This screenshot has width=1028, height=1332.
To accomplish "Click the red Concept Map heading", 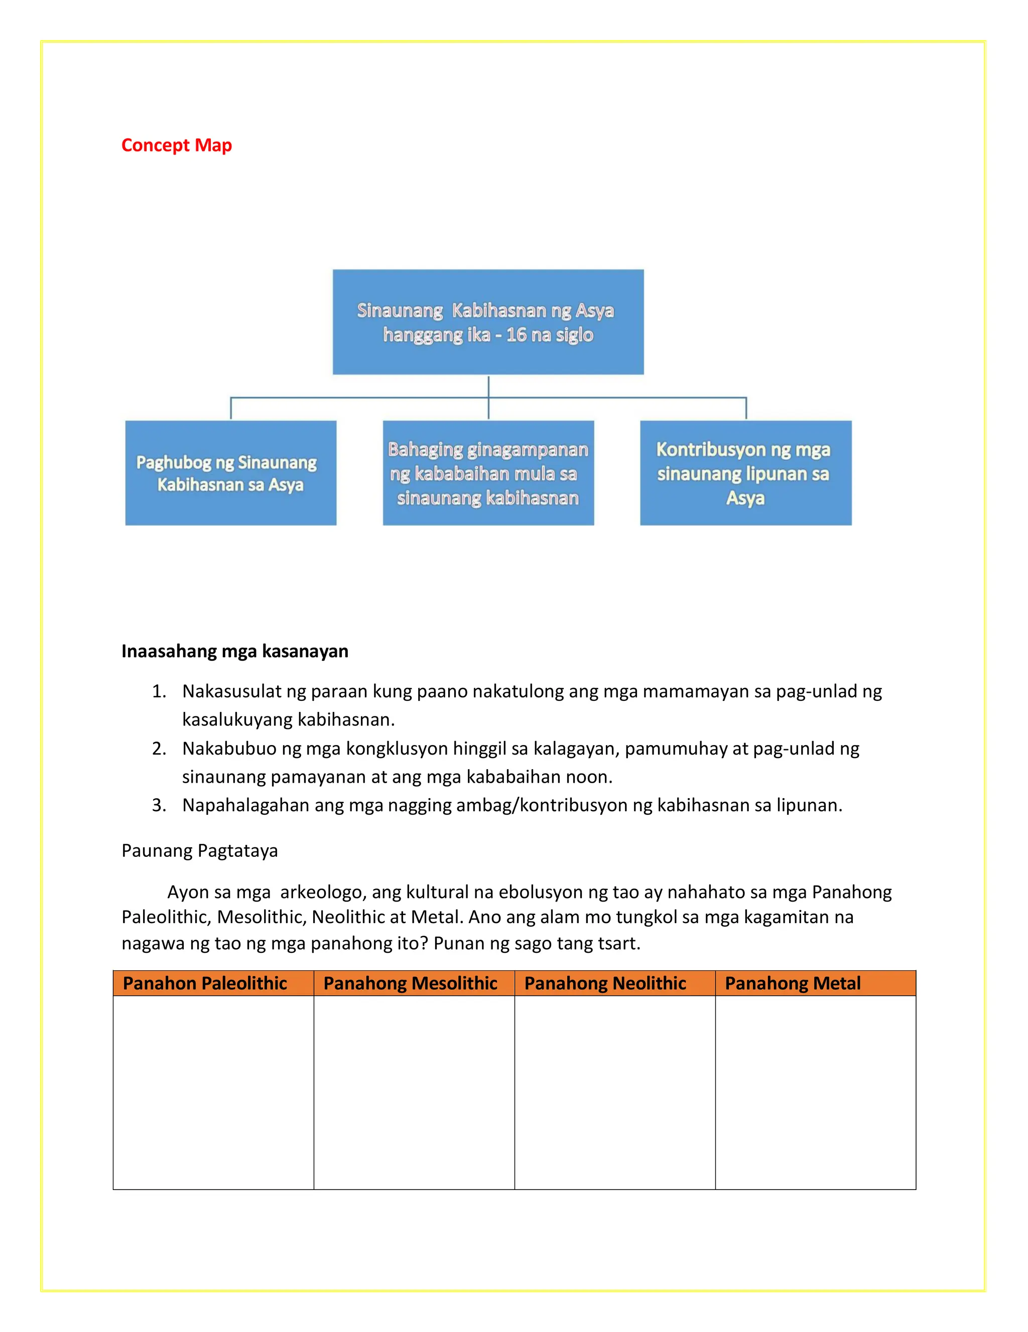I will [176, 145].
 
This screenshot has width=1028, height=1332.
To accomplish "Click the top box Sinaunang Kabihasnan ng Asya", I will [487, 322].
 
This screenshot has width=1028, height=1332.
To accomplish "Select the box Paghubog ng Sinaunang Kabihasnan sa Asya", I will [230, 473].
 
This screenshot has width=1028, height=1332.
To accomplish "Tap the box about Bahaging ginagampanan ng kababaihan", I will [487, 473].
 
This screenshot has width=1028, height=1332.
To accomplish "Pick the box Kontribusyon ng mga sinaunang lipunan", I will [745, 473].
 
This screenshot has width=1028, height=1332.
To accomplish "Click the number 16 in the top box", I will [516, 335].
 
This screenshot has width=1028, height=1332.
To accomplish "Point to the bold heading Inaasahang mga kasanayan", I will [235, 651].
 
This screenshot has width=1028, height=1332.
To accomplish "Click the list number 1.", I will [159, 692].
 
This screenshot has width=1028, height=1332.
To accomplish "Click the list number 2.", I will [159, 749].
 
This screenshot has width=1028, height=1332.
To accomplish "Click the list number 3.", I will [159, 806].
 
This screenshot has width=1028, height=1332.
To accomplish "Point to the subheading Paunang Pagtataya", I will [199, 851].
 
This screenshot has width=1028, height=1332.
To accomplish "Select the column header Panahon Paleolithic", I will [205, 983].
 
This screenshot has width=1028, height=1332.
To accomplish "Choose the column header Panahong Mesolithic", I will [410, 983].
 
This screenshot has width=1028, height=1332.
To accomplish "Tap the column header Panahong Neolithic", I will [605, 983].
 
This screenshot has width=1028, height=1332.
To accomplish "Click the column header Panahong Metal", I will [792, 983].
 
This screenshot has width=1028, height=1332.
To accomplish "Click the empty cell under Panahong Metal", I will [815, 1092].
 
